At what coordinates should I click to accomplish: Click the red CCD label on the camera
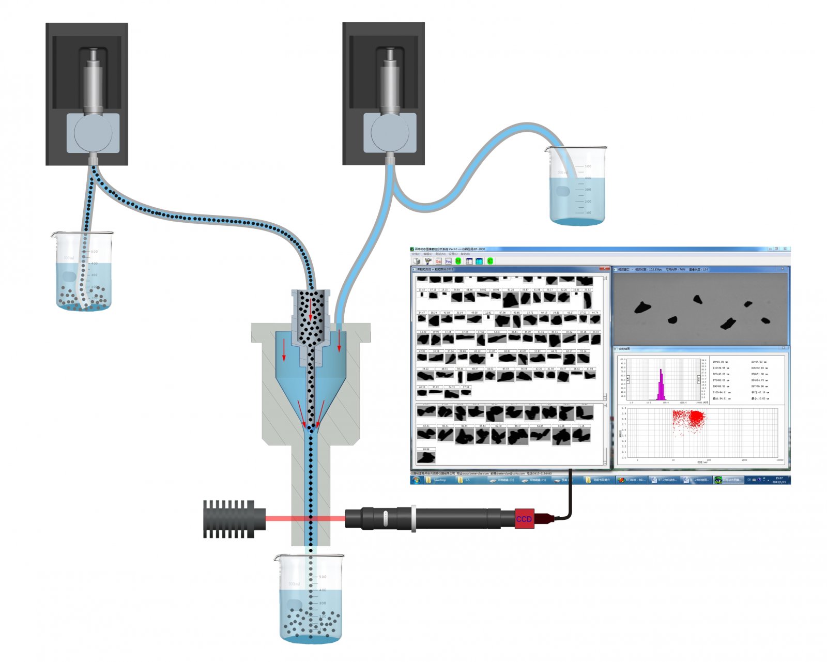[524, 518]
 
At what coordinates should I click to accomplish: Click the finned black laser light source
[229, 518]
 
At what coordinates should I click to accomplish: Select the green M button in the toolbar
[458, 261]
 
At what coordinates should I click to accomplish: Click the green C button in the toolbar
[490, 261]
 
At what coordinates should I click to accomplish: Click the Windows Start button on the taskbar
[416, 480]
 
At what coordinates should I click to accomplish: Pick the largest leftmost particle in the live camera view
[642, 307]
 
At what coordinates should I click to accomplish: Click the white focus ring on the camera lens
[413, 518]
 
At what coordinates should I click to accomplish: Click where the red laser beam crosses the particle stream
[311, 517]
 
